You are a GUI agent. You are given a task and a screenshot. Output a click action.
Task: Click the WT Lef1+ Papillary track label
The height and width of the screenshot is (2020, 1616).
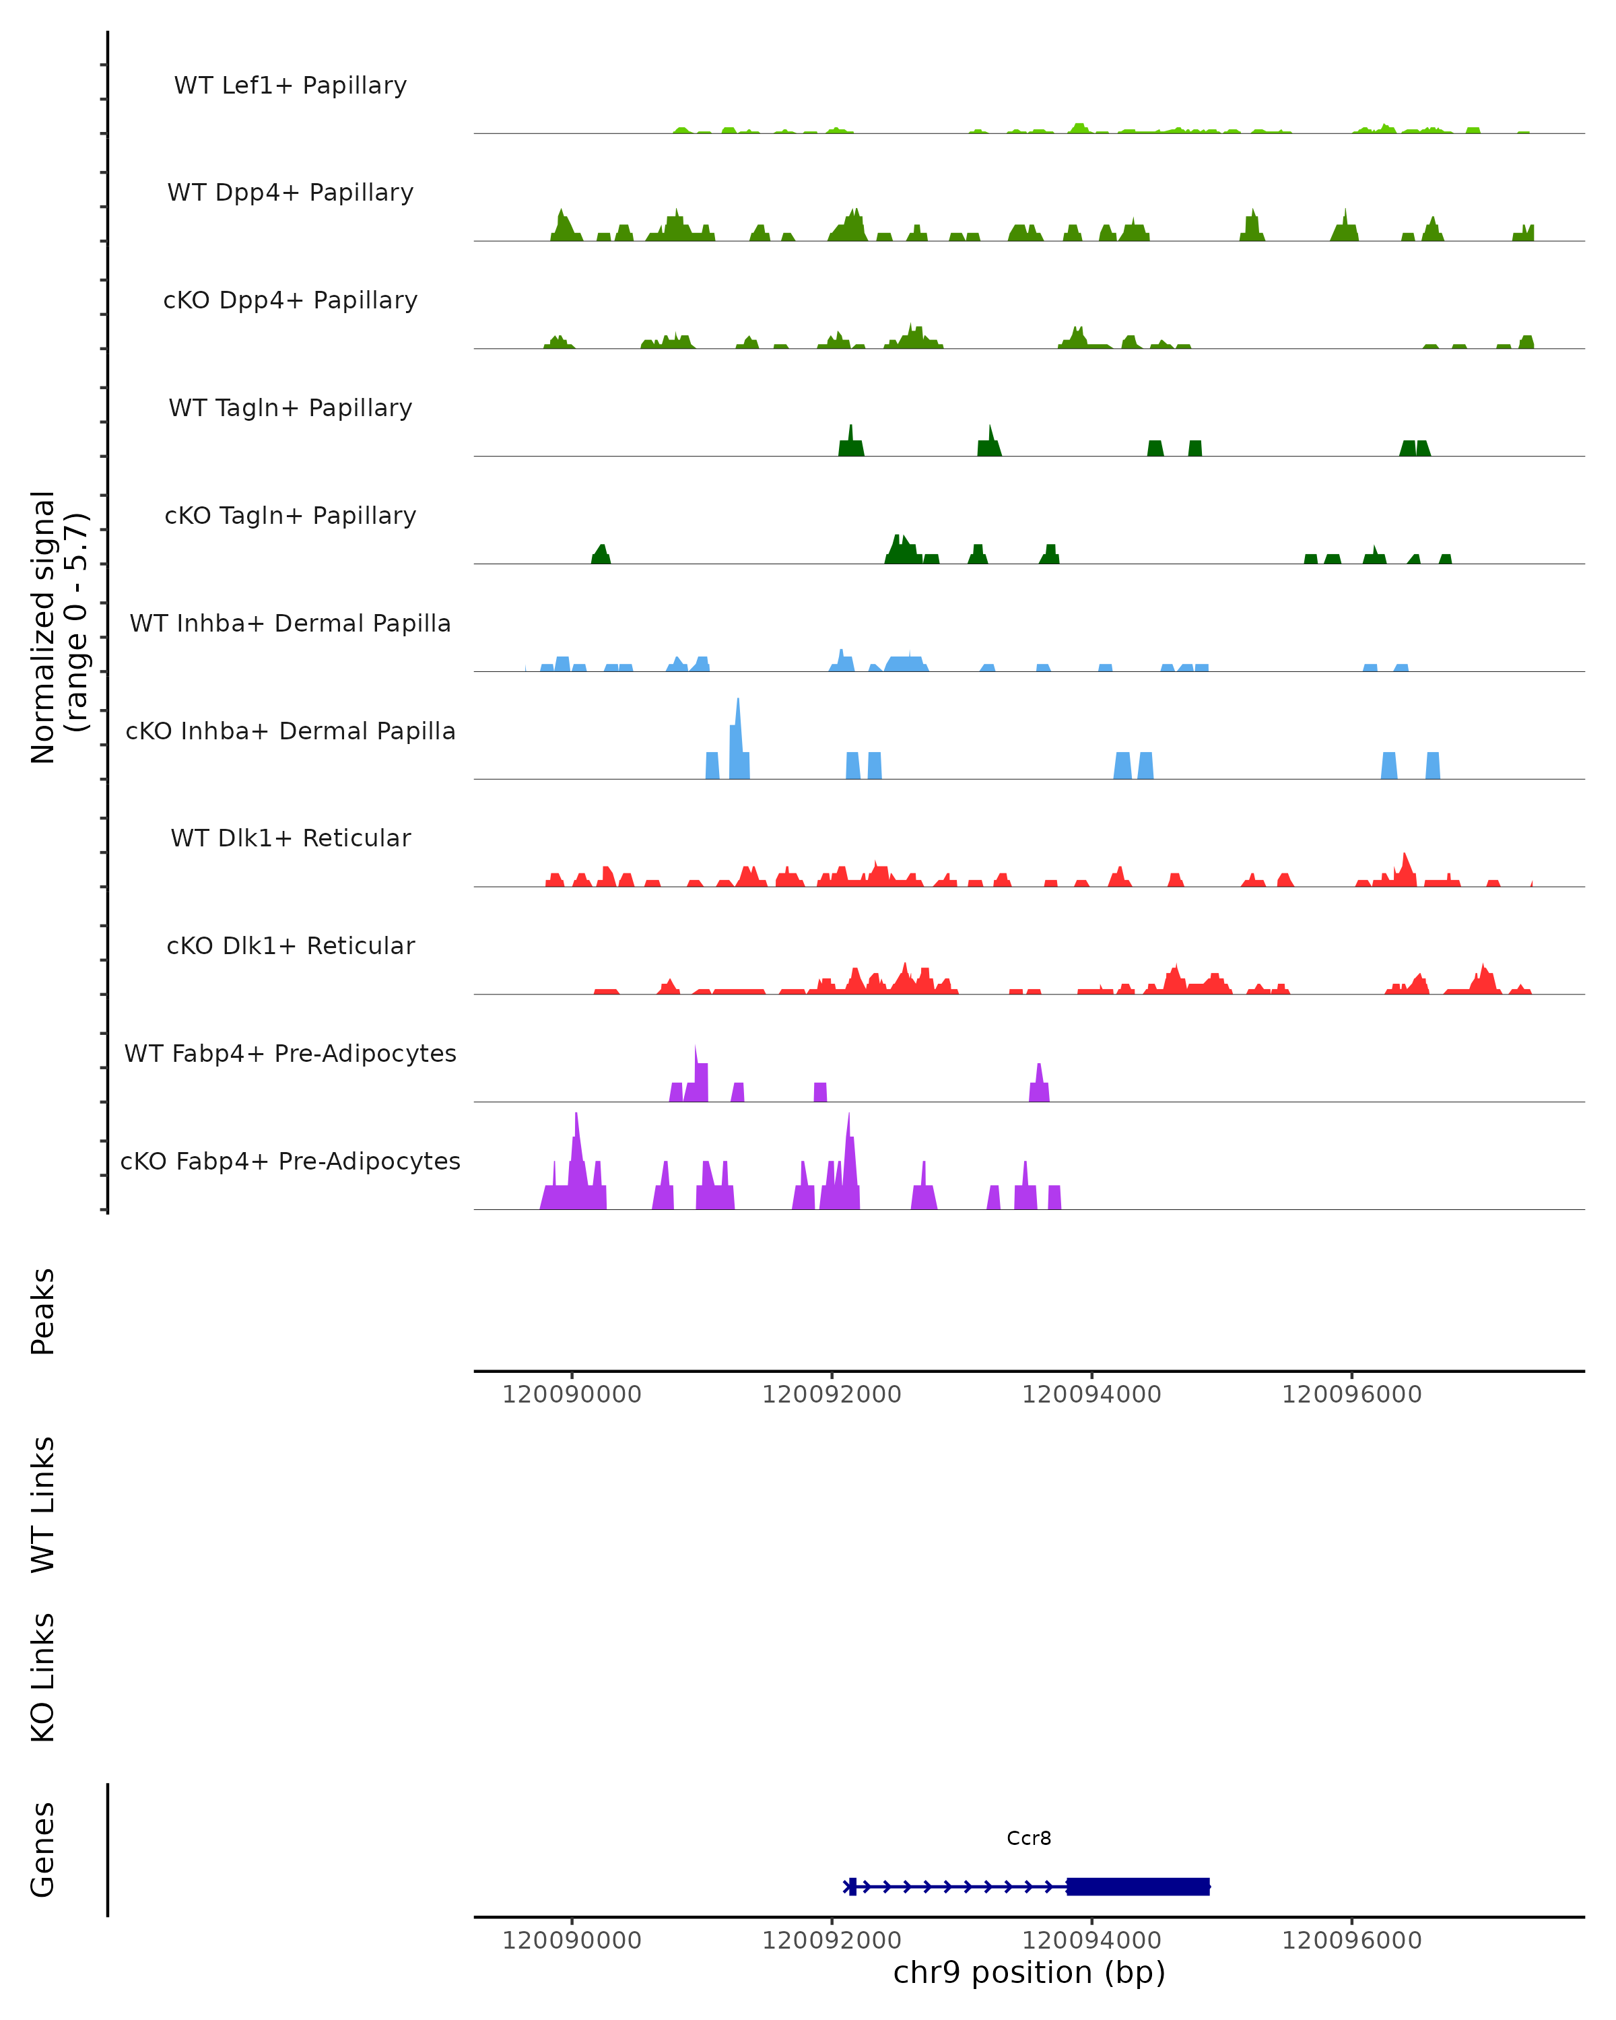tap(290, 86)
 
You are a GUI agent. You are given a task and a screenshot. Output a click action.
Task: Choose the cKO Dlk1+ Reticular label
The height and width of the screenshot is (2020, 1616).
tap(290, 945)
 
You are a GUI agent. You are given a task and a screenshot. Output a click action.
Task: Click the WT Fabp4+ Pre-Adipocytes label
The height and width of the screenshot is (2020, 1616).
tap(290, 1053)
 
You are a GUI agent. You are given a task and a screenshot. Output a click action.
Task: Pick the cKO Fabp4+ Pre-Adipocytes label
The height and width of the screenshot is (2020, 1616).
tap(290, 1161)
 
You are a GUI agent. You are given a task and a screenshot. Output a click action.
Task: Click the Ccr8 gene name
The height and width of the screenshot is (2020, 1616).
tap(1029, 1838)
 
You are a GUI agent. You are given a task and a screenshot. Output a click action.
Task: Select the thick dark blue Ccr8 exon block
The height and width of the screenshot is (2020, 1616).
tap(1138, 1886)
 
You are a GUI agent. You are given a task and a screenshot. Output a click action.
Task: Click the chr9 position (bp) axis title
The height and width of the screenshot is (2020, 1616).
tap(1029, 1972)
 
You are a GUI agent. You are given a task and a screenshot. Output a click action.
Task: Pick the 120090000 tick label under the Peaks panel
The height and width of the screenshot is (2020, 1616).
tap(572, 1394)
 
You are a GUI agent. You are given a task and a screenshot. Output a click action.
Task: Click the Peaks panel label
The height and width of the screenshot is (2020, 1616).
tap(43, 1312)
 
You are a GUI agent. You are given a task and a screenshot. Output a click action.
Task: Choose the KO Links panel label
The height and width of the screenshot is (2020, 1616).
tap(43, 1678)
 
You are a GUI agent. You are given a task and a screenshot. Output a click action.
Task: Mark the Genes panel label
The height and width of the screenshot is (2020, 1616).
tap(43, 1850)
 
